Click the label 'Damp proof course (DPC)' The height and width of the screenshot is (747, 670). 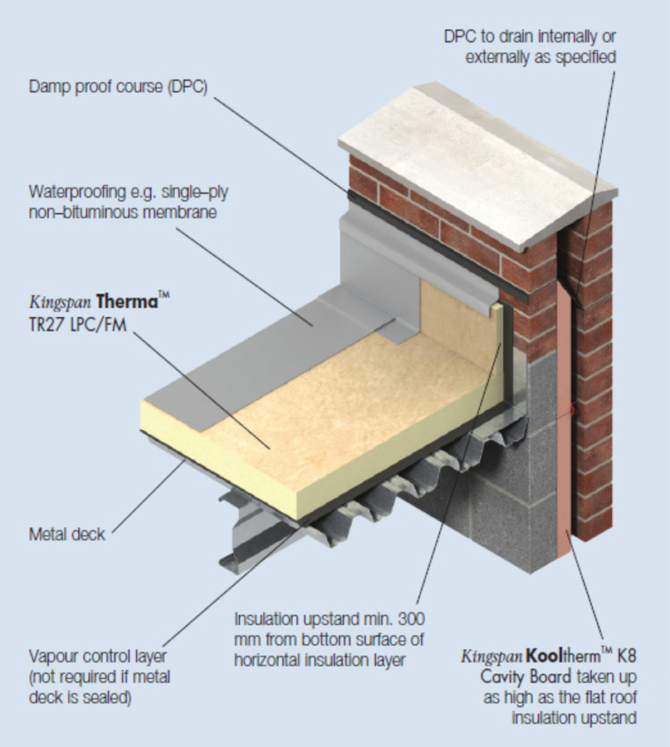[x=117, y=86]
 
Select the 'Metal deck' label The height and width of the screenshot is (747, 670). [x=66, y=534]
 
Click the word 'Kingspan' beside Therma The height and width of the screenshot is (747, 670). [x=60, y=300]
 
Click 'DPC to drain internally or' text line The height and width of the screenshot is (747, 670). [x=530, y=37]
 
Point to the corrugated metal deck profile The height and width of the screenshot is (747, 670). [x=399, y=481]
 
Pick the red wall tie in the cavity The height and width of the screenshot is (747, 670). [x=573, y=410]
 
